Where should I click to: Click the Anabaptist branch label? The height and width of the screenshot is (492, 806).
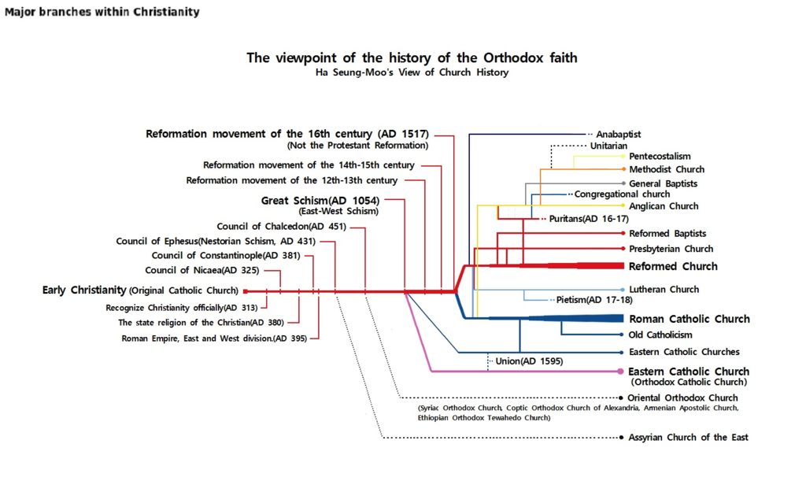coord(619,134)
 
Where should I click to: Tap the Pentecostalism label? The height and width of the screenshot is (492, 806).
coord(660,157)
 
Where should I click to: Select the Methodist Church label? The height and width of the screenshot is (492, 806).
coord(667,169)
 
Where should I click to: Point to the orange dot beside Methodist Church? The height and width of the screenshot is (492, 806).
coord(623,169)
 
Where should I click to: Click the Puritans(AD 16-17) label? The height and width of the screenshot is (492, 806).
coord(589,219)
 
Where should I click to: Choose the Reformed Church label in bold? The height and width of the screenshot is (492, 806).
coord(673,266)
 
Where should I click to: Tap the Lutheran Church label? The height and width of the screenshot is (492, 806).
coord(664,290)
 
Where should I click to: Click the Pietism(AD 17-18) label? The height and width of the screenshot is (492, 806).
coord(594,300)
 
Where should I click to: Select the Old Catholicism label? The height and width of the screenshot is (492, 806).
coord(660,335)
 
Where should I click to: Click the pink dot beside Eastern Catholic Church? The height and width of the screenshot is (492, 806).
coord(620,372)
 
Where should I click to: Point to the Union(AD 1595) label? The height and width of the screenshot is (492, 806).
coord(529,361)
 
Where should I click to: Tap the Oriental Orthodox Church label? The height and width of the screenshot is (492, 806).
coord(682,398)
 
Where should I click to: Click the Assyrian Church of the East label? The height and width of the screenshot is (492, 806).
coord(688,438)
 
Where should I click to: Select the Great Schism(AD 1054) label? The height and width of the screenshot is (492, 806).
coord(320,201)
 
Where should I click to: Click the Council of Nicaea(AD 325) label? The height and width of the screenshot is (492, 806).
coord(202,271)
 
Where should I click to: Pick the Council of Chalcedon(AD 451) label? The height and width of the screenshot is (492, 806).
coord(282,226)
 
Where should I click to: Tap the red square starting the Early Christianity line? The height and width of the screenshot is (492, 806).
coord(246,291)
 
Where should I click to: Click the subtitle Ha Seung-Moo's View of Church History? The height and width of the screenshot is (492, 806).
coord(412,72)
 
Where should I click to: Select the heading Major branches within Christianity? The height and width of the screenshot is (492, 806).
coord(102,12)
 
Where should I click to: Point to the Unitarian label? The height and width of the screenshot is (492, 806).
coord(608,146)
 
